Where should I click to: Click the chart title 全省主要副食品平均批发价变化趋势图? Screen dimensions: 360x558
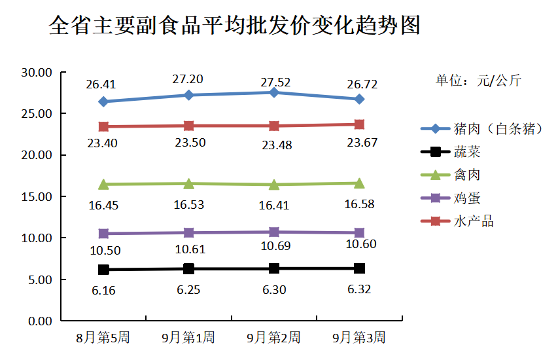point(234,26)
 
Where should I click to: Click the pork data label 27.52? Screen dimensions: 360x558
point(275,82)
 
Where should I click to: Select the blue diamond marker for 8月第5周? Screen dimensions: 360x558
point(103,101)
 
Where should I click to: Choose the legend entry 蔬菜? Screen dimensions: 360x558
point(467,152)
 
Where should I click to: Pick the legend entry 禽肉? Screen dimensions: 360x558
point(467,175)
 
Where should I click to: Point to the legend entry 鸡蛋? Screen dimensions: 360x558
point(467,198)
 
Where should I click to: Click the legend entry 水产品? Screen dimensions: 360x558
point(473,221)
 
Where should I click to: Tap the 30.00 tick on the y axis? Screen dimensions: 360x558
point(37,72)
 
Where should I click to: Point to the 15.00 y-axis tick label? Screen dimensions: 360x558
point(37,196)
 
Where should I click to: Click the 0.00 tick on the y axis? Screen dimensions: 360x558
point(39,321)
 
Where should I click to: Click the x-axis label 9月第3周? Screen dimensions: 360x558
point(359,338)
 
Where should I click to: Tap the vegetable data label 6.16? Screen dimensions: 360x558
point(103,290)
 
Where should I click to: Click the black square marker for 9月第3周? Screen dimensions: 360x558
point(359,268)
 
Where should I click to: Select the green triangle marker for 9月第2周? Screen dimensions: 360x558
point(274,185)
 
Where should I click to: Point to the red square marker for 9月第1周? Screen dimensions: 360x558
point(188,126)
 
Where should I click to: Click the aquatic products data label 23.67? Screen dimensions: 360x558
point(362,143)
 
